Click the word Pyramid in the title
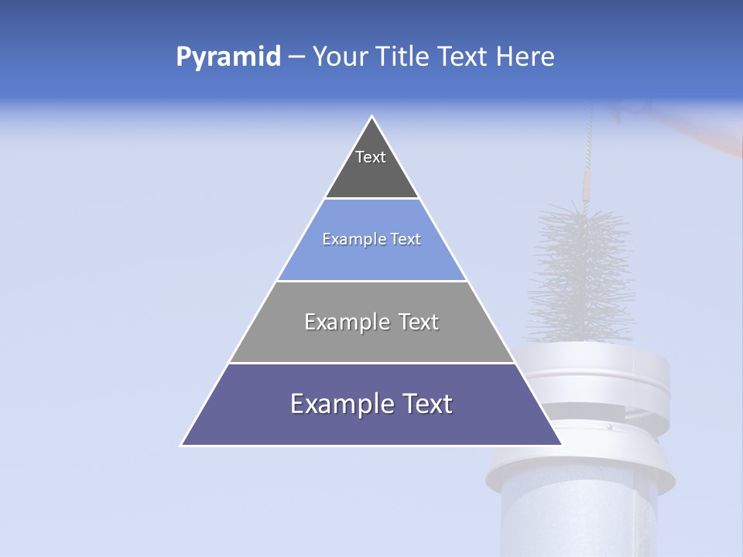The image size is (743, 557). (x=228, y=57)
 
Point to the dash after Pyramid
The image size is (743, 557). (x=296, y=57)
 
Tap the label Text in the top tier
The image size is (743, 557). (x=371, y=157)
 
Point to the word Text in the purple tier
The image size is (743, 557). (x=424, y=404)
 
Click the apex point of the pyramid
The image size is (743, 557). (x=372, y=117)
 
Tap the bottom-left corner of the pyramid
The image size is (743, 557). (x=183, y=444)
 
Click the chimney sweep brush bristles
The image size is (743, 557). (x=580, y=271)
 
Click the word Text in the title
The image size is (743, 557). (x=464, y=57)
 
